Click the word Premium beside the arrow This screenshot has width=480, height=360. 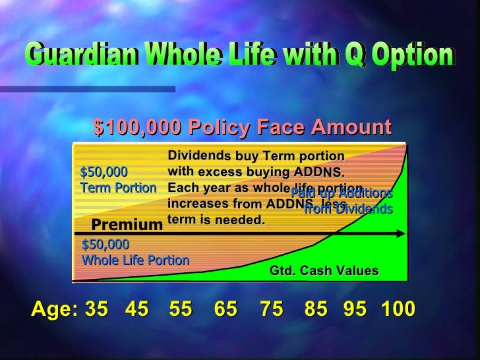127,225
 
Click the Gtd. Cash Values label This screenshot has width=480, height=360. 324,270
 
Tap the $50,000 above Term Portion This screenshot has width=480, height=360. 104,172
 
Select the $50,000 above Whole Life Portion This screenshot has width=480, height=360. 105,245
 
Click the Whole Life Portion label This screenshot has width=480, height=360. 135,260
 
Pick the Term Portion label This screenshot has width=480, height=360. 118,187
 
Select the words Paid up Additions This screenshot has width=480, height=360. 342,194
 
